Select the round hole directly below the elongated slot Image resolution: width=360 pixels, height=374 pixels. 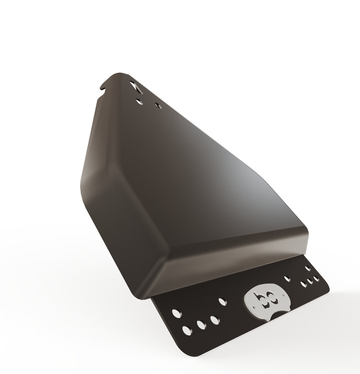139,101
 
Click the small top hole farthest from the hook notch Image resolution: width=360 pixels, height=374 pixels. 158,106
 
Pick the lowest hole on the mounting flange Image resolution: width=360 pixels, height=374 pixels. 187,330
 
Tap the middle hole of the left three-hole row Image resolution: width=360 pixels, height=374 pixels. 201,324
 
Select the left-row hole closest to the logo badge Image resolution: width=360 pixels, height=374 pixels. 214,320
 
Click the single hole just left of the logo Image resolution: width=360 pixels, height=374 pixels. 222,302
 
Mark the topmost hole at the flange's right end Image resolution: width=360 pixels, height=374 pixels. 308,268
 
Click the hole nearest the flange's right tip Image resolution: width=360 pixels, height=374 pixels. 316,278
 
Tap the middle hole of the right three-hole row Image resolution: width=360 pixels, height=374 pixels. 310,281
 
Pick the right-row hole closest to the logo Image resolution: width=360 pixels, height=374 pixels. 304,284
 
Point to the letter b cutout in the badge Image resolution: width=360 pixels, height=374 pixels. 258,296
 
